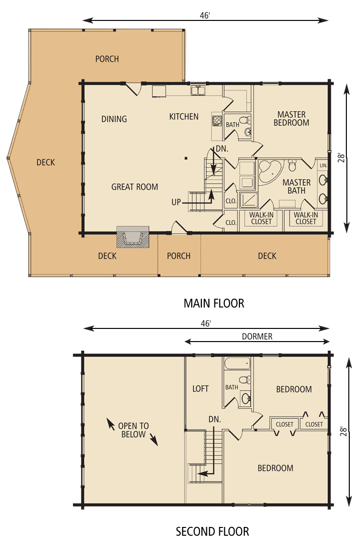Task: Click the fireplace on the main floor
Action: tap(133, 237)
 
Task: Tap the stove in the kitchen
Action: tap(217, 121)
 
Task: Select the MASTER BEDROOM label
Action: tap(291, 118)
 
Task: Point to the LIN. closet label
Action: tap(323, 165)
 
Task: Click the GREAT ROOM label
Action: tap(135, 187)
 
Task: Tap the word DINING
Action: tap(114, 119)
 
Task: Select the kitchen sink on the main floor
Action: tap(198, 90)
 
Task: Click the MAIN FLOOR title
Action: tap(214, 303)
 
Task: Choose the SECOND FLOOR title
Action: tap(213, 531)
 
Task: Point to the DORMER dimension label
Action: tap(257, 336)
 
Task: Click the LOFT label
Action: tap(200, 389)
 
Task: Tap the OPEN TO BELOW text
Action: tap(134, 430)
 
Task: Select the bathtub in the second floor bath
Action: tap(237, 363)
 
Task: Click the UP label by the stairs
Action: tap(176, 202)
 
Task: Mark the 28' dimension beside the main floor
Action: tap(342, 158)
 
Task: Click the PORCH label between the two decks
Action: tap(179, 256)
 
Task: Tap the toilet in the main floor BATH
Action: tap(245, 121)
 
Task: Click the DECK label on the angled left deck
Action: tap(46, 162)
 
